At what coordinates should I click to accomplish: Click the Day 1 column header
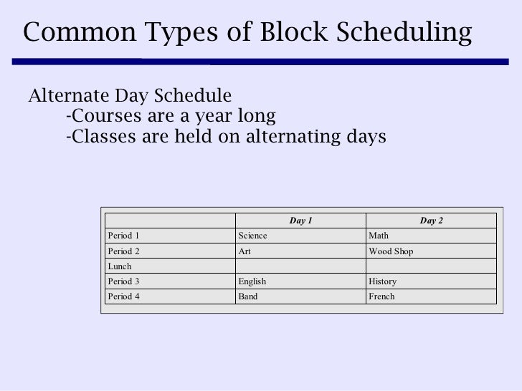click(300, 221)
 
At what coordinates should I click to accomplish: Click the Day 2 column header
click(431, 221)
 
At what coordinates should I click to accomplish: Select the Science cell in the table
click(252, 236)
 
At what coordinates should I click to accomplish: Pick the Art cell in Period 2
click(244, 251)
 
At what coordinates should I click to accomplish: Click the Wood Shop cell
click(390, 251)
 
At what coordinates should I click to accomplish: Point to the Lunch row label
click(118, 266)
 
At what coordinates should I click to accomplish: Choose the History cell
click(382, 281)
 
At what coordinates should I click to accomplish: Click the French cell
click(381, 296)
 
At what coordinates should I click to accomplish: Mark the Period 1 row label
click(123, 236)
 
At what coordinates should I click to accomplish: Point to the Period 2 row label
click(123, 251)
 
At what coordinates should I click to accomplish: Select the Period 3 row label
click(123, 281)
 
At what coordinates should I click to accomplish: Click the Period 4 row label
click(123, 296)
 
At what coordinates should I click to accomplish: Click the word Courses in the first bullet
click(98, 115)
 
